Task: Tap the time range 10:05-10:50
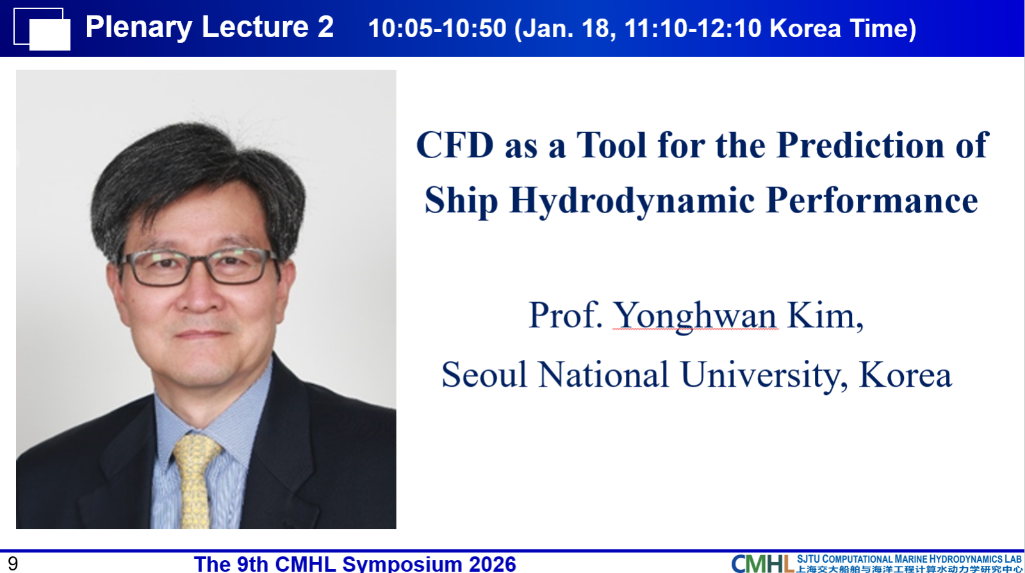click(438, 28)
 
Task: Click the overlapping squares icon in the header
click(42, 29)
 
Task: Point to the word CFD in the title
click(455, 145)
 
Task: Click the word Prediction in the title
click(860, 145)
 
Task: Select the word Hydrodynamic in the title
click(632, 201)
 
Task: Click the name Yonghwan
click(695, 316)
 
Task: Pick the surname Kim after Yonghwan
click(825, 316)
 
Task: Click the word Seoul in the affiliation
click(484, 374)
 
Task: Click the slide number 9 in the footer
click(13, 564)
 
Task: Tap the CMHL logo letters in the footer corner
click(762, 563)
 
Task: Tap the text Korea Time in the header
click(842, 28)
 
